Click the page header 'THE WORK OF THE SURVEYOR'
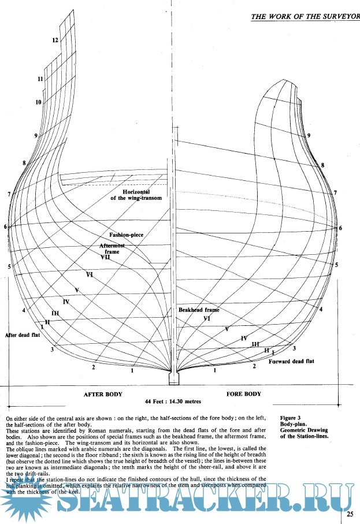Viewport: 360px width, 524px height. point(305,16)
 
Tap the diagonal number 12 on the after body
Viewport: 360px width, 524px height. point(55,40)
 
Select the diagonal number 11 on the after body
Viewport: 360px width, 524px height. point(40,79)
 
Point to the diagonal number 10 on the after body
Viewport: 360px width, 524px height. point(38,102)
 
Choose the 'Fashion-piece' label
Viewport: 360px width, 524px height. point(127,235)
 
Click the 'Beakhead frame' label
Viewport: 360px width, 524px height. point(199,310)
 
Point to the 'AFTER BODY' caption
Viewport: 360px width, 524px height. point(103,394)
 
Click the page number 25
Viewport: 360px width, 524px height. point(350,513)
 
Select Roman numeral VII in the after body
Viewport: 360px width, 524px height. point(105,258)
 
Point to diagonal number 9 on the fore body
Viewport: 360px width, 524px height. point(309,135)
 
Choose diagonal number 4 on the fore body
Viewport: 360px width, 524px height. point(321,310)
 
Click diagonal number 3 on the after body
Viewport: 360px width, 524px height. point(52,350)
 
